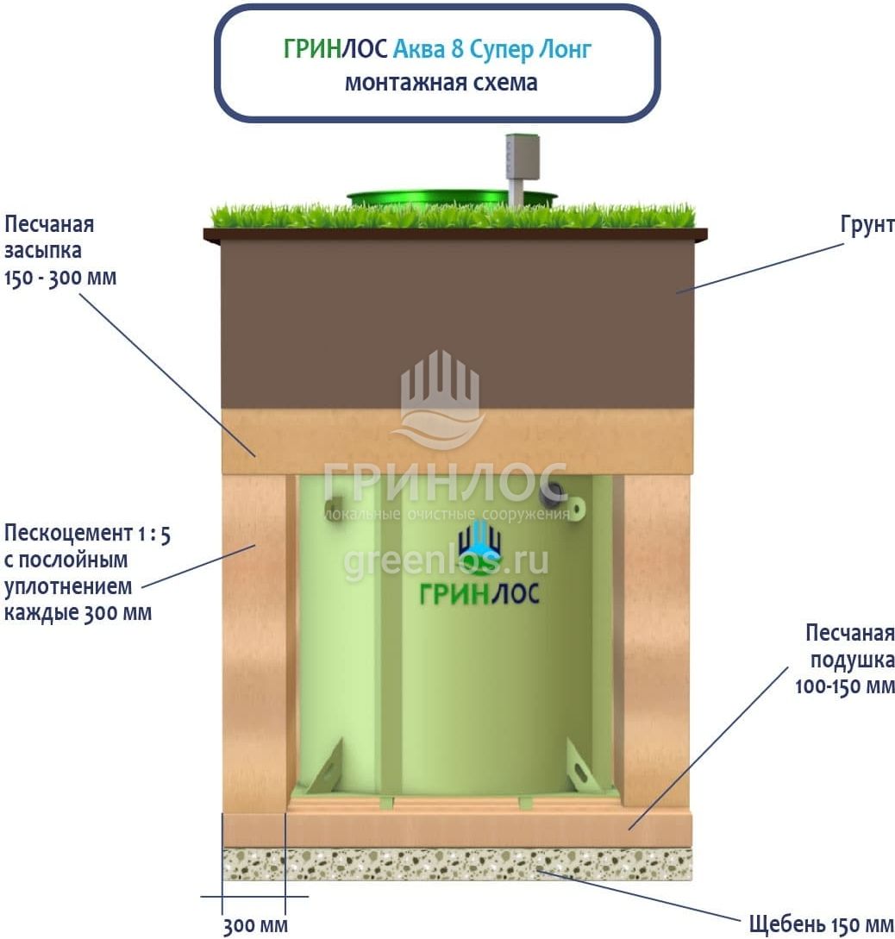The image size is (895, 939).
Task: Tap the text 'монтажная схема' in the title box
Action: coord(441,83)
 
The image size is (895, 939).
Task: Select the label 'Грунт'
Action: coord(867,225)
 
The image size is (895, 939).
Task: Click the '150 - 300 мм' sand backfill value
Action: coord(60,279)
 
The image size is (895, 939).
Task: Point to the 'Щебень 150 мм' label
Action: coord(822,924)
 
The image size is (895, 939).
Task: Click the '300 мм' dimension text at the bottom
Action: coord(255,926)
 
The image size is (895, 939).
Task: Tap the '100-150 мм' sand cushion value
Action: coord(844,687)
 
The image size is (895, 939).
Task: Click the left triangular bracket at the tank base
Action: coord(327,767)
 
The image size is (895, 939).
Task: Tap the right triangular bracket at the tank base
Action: coord(583,765)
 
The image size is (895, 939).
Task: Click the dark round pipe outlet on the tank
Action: coord(552,494)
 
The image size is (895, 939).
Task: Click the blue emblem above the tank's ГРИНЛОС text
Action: coord(479,542)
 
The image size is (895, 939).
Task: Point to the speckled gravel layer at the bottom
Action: coord(457,864)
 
